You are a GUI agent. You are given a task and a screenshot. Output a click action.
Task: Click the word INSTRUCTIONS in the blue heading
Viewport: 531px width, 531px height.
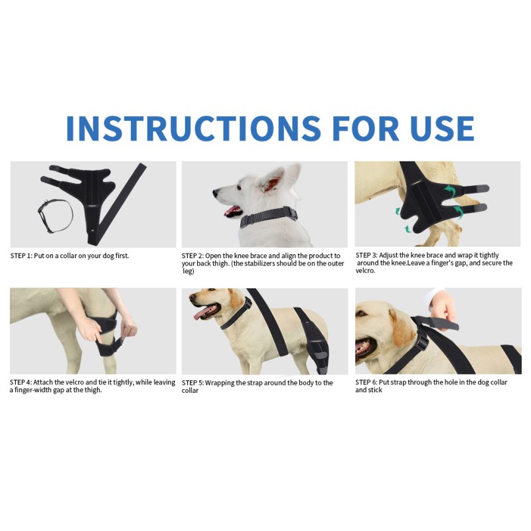[x=193, y=128]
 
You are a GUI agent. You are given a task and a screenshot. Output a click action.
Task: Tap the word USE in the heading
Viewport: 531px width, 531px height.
[x=442, y=128]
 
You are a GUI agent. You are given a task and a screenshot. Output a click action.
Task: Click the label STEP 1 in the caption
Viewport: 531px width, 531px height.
[x=21, y=256]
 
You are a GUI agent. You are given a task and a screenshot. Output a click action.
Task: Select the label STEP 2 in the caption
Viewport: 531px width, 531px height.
[x=192, y=256]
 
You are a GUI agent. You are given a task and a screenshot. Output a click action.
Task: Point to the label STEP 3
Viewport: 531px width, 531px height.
[x=366, y=255]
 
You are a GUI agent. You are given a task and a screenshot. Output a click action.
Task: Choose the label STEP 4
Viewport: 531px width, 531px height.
[x=21, y=382]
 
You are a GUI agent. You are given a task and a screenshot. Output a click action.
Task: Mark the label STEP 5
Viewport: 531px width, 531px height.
[x=192, y=383]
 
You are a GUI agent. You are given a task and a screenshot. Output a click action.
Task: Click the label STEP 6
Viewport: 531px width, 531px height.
[x=366, y=382]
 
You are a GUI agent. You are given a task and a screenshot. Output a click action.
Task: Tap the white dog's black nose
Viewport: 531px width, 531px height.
[x=215, y=193]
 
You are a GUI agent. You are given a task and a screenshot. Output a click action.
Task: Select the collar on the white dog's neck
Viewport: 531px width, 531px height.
[x=269, y=217]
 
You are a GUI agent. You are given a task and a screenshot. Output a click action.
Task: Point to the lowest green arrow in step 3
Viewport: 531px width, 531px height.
[x=408, y=228]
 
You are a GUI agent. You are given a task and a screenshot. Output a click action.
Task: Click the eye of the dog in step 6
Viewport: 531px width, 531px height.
[x=362, y=313]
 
